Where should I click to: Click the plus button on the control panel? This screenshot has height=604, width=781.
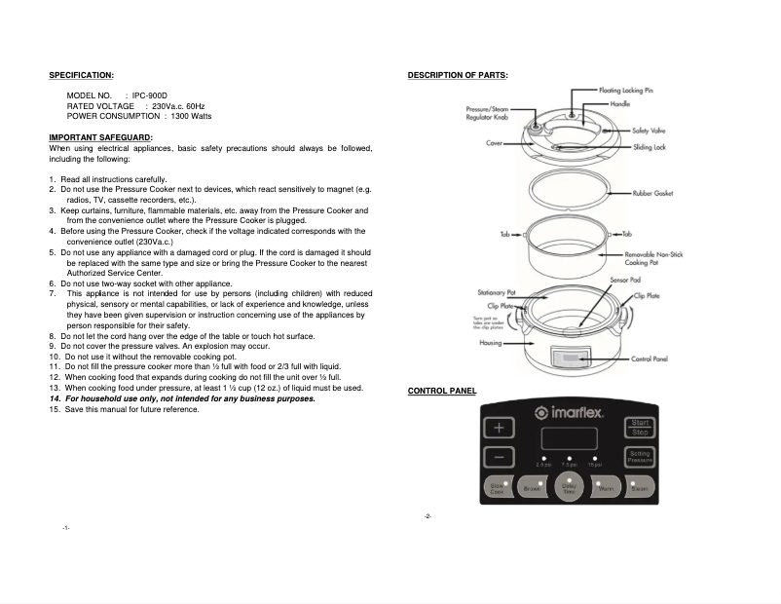tap(499, 429)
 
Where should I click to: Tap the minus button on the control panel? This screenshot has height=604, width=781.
tap(499, 456)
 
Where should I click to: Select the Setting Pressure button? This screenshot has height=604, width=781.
tap(639, 456)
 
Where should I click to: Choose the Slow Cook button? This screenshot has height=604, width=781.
tap(497, 487)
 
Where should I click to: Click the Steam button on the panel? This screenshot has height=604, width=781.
tap(640, 487)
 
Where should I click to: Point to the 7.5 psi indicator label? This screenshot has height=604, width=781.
tap(569, 465)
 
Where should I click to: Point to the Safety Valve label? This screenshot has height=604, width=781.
tap(649, 130)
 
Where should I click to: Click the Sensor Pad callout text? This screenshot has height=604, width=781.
tap(625, 280)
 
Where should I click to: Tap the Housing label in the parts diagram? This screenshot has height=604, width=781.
tap(490, 343)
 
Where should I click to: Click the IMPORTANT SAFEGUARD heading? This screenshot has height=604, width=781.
tap(100, 137)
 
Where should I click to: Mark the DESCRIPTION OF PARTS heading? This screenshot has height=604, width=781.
tap(458, 75)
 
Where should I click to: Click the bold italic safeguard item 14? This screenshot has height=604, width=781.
tap(182, 398)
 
